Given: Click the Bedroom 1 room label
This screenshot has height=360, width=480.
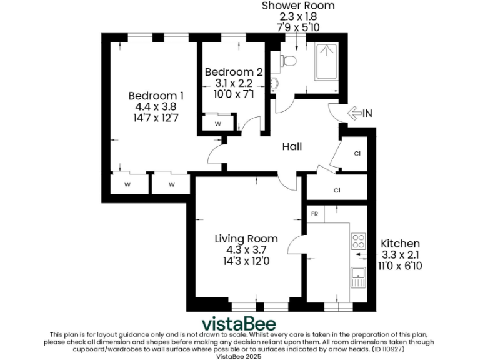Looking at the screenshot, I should tap(156, 96).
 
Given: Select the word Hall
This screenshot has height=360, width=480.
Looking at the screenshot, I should tap(292, 146).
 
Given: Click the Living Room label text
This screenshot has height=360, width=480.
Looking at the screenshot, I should tap(246, 239).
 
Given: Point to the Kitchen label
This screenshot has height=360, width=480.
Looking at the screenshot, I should tap(400, 243).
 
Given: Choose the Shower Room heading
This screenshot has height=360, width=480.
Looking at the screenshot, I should tap(297, 6).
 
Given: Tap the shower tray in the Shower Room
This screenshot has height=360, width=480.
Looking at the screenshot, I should tap(326, 62).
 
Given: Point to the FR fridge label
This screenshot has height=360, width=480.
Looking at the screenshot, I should tap(314, 214).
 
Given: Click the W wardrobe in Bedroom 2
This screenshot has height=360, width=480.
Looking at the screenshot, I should tap(217, 124).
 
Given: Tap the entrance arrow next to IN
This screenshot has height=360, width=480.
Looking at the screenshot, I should tap(354, 113).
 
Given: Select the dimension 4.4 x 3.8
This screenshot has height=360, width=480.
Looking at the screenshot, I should tap(156, 106).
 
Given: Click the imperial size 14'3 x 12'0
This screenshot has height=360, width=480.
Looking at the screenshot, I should tap(246, 260).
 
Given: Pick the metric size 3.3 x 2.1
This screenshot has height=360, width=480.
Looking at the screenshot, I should tap(400, 254).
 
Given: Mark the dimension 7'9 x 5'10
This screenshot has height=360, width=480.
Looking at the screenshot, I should tap(297, 28).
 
